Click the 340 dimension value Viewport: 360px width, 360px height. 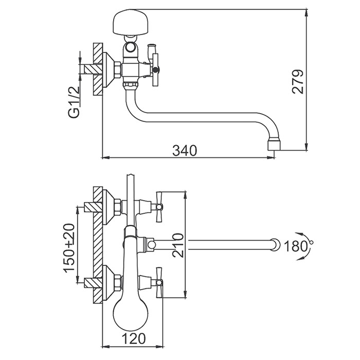185,150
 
